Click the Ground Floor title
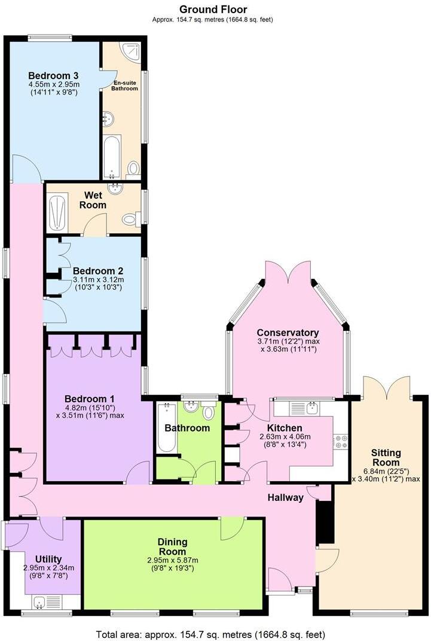[x=213, y=10]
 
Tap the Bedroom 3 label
[x=54, y=75]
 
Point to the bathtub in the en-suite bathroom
[x=111, y=157]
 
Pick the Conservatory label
[x=288, y=333]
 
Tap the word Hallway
[x=285, y=497]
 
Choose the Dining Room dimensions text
[x=172, y=564]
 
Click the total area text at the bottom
[x=212, y=634]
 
